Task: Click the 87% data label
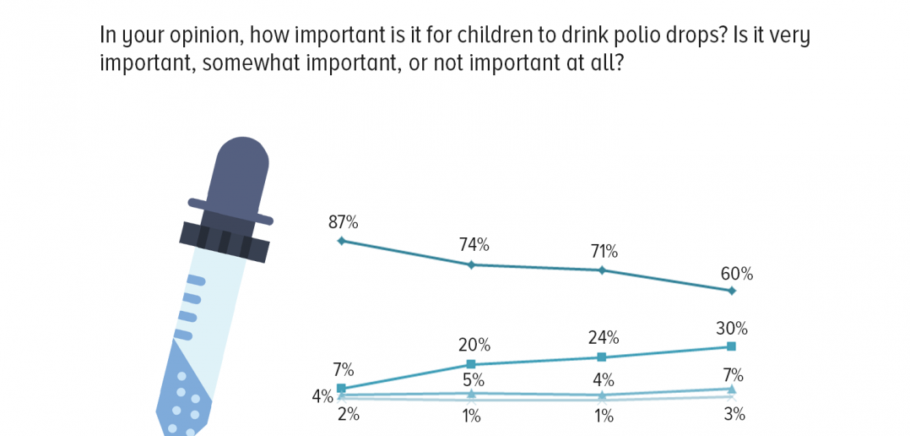tap(344, 221)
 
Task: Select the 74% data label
tap(474, 245)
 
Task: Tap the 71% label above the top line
tap(604, 252)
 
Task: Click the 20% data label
tap(474, 345)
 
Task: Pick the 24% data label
tap(604, 337)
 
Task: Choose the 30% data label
tap(733, 329)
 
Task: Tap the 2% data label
tap(348, 415)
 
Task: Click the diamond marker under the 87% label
tap(342, 240)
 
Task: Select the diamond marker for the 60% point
tap(732, 291)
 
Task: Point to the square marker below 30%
tap(731, 346)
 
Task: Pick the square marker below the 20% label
tap(471, 364)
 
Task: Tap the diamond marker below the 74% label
tap(471, 264)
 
